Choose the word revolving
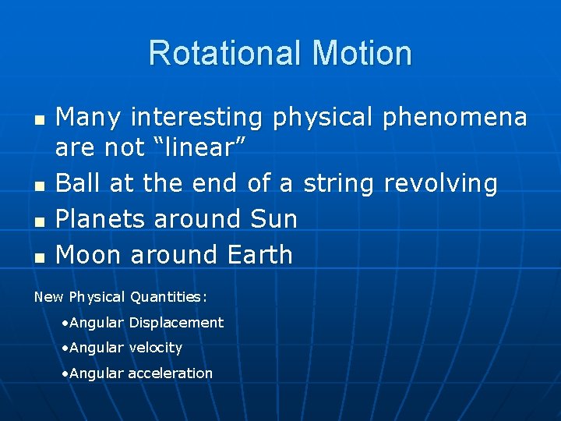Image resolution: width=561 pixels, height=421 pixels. click(x=441, y=183)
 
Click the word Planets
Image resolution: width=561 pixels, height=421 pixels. click(x=100, y=219)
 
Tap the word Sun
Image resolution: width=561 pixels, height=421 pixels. click(x=274, y=219)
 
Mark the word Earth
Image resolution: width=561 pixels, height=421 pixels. click(x=260, y=254)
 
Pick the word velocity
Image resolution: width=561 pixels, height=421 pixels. click(x=156, y=348)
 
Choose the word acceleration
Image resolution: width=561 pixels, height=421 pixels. click(x=170, y=373)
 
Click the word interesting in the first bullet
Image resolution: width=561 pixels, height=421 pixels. click(x=197, y=118)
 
